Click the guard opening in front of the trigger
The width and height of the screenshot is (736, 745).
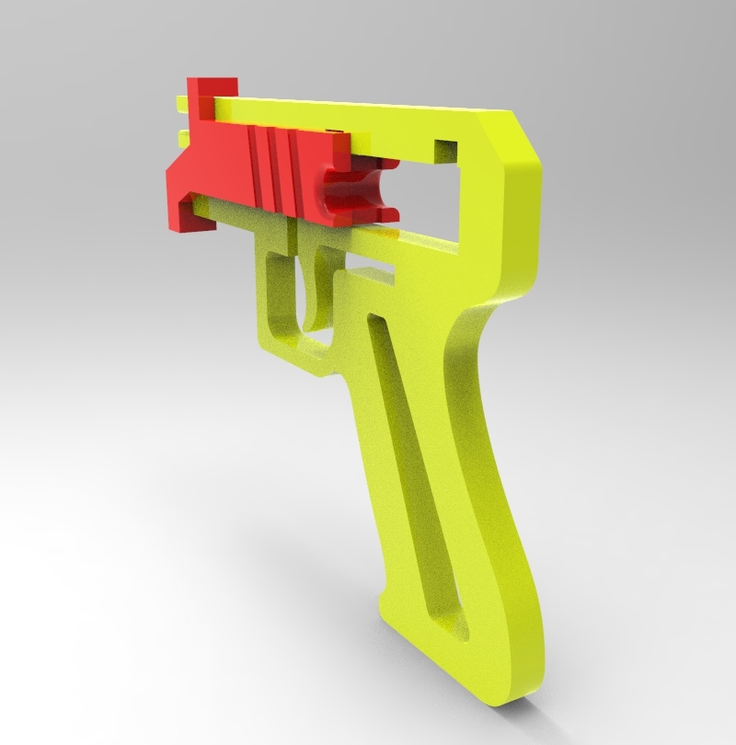tap(282, 294)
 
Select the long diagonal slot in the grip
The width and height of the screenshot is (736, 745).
tap(409, 460)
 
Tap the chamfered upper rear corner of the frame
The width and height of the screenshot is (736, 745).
tap(515, 138)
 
